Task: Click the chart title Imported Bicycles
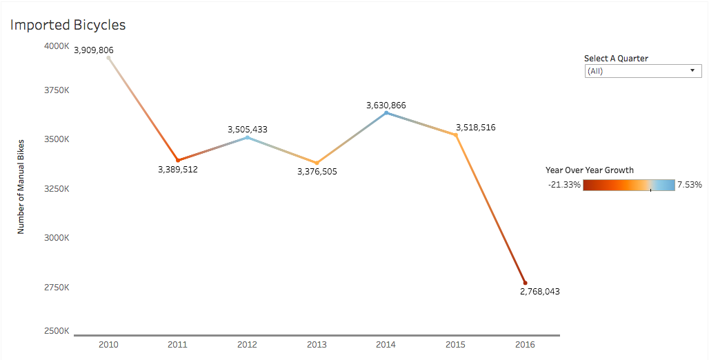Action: pos(68,25)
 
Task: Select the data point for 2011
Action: pos(178,160)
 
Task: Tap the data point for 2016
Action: pos(525,283)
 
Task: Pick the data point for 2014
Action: pos(386,112)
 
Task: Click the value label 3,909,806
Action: pos(94,50)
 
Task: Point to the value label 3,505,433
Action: pos(248,129)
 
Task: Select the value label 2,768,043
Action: pos(539,292)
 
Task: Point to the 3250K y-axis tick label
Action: pos(57,189)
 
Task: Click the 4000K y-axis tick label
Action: pos(57,46)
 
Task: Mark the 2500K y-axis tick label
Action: pos(57,331)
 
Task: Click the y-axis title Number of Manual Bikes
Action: pos(21,184)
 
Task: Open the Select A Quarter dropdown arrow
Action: pos(692,71)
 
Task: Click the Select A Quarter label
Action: pos(616,59)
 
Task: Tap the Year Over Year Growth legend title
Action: pos(589,170)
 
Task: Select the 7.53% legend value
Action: pos(689,185)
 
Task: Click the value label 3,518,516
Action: pos(475,128)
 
